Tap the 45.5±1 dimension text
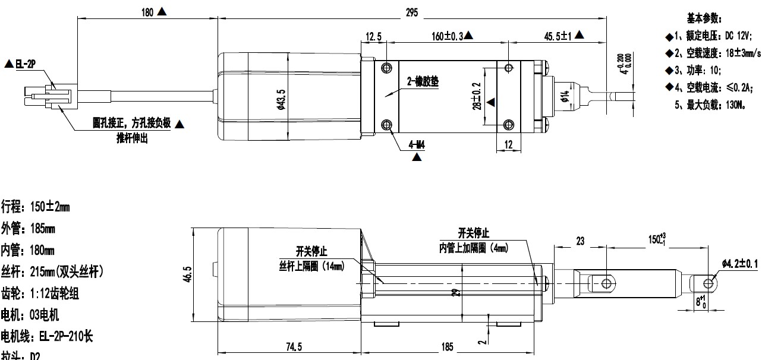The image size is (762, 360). pyautogui.click(x=558, y=36)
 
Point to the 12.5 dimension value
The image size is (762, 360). pyautogui.click(x=373, y=37)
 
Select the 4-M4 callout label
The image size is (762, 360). pyautogui.click(x=417, y=144)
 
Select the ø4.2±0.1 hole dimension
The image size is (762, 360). pyautogui.click(x=740, y=263)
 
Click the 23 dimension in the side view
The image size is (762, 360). pyautogui.click(x=580, y=241)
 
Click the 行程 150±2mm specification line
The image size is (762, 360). pyautogui.click(x=36, y=207)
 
